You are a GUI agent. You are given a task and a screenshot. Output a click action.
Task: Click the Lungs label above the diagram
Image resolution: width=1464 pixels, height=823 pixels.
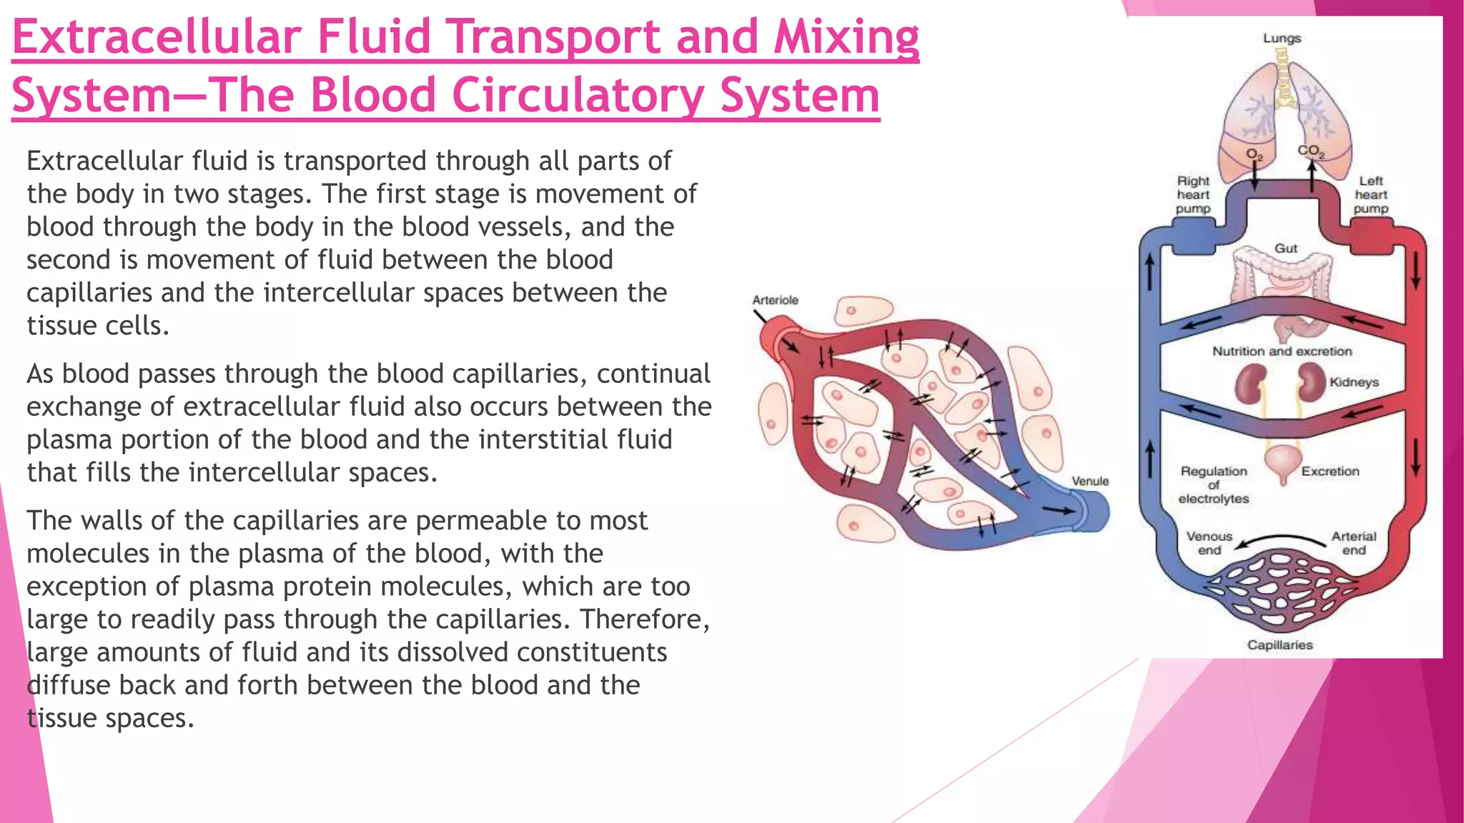click(x=1282, y=38)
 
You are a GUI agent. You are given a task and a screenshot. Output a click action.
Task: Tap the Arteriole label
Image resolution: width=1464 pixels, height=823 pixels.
click(x=775, y=300)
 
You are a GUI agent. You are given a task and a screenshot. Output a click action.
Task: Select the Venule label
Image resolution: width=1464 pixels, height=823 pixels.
click(x=1090, y=482)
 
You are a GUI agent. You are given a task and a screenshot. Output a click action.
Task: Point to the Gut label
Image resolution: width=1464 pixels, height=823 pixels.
click(x=1285, y=249)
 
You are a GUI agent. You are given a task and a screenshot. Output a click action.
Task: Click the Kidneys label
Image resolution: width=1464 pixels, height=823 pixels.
click(x=1354, y=382)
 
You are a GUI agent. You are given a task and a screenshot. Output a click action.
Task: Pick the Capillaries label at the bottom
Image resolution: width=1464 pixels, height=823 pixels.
click(x=1280, y=645)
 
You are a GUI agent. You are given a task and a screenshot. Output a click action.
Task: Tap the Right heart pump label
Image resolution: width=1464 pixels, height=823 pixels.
click(x=1193, y=195)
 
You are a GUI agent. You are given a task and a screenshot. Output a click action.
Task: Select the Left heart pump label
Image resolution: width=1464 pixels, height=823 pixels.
click(x=1370, y=195)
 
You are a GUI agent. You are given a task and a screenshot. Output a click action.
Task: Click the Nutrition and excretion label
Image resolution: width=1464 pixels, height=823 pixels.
click(x=1282, y=351)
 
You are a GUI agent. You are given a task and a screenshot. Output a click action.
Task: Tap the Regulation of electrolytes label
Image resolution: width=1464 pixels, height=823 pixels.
click(x=1214, y=485)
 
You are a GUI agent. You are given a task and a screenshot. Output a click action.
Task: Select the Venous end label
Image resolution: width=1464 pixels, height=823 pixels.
click(x=1210, y=543)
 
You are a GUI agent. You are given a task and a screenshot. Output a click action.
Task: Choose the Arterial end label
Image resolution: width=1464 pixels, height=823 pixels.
click(x=1353, y=543)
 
